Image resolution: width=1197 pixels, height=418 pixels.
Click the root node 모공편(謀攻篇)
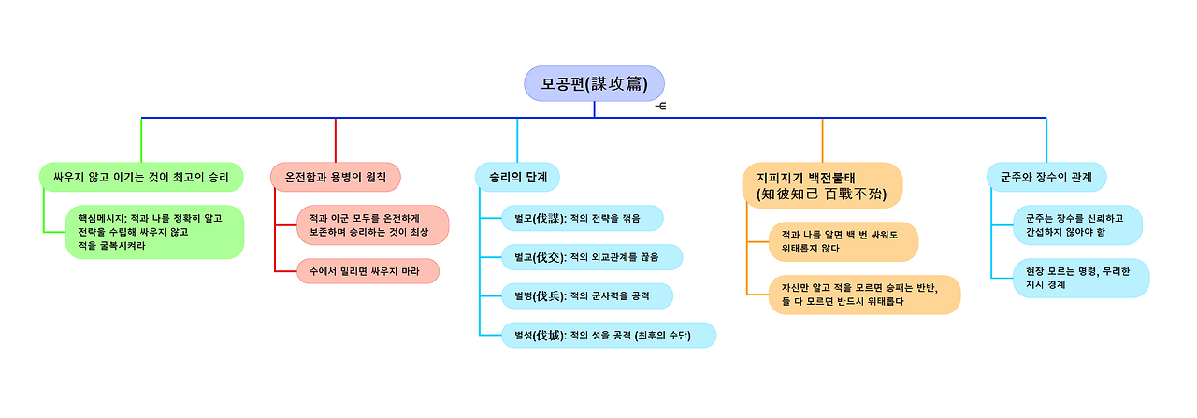click(x=594, y=83)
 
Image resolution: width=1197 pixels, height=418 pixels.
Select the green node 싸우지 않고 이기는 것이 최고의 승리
click(x=141, y=176)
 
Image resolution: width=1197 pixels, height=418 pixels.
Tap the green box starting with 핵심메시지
click(x=154, y=232)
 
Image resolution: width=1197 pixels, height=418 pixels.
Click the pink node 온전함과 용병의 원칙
click(x=336, y=176)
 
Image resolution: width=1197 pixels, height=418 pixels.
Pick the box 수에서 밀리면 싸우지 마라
click(x=368, y=271)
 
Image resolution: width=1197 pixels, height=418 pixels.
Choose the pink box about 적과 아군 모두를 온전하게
click(x=372, y=224)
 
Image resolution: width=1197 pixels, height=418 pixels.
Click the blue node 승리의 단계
click(x=517, y=176)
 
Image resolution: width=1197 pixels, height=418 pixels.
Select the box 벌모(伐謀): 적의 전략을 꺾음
click(x=583, y=218)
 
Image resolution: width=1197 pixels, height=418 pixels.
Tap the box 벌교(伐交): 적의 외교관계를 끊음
click(x=592, y=257)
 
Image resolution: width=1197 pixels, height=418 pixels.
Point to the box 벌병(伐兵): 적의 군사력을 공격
click(x=587, y=296)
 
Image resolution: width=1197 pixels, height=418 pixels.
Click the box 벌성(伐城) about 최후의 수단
click(x=609, y=335)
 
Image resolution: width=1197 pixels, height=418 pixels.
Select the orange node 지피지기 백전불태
click(x=822, y=185)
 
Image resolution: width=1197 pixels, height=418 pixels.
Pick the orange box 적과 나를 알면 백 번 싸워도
click(x=843, y=241)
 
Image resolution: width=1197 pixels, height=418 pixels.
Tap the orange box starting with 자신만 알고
click(x=864, y=295)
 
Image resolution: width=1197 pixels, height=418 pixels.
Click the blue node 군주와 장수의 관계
click(x=1046, y=176)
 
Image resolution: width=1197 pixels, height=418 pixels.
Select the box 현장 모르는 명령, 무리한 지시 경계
click(x=1081, y=278)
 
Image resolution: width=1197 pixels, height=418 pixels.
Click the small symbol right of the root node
click(x=661, y=106)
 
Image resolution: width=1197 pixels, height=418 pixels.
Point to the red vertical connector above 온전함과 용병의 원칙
click(x=336, y=139)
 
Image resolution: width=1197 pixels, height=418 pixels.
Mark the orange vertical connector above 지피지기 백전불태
click(x=822, y=139)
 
